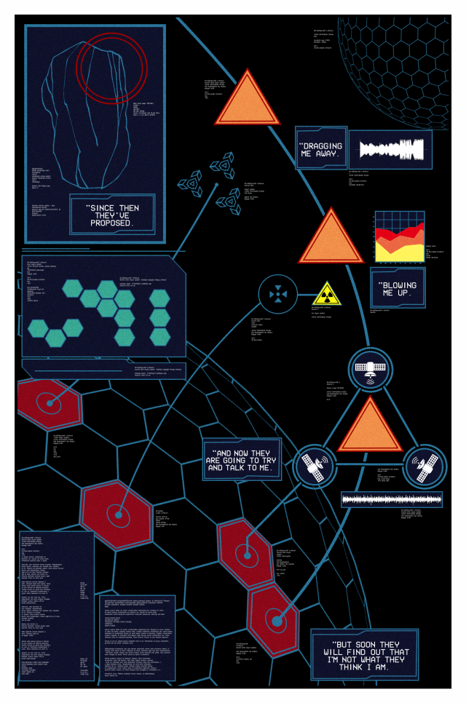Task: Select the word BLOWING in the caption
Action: pos(401,283)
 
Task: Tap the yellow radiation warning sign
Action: pos(326,293)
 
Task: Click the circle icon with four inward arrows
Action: pos(279,295)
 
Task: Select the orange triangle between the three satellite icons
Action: pos(369,426)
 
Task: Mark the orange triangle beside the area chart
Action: pos(331,238)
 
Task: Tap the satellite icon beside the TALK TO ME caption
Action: pos(315,466)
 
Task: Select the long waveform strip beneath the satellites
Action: pos(392,499)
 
